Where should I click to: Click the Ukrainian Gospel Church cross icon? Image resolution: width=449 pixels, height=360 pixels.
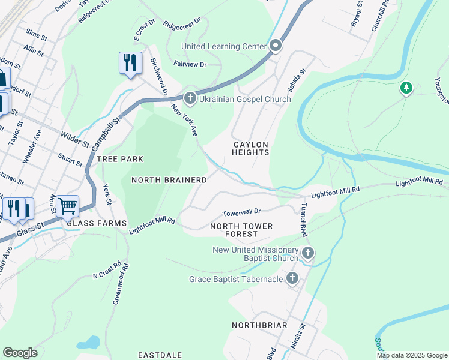click(x=190, y=98)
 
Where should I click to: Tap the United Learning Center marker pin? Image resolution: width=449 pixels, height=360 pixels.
click(x=276, y=46)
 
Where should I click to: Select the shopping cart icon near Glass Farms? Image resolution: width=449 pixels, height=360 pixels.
click(x=67, y=206)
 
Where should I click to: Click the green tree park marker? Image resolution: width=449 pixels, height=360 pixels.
click(x=406, y=89)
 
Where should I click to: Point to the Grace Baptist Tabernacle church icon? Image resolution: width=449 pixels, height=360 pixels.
click(x=292, y=278)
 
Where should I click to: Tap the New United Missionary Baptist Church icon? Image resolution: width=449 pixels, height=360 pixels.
click(x=307, y=253)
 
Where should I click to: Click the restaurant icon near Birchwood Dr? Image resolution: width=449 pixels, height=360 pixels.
click(x=130, y=62)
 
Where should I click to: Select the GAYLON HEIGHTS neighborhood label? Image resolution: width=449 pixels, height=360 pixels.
click(x=251, y=149)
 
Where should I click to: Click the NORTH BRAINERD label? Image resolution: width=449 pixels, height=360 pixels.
click(x=169, y=180)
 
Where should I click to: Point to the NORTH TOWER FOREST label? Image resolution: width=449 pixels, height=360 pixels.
click(x=241, y=230)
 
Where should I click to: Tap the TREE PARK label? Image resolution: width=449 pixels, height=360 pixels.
click(x=120, y=159)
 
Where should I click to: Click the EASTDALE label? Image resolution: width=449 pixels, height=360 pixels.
click(x=160, y=355)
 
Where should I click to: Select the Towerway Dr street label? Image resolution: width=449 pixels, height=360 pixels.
click(x=241, y=212)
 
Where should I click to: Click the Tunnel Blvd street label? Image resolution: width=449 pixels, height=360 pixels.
click(x=303, y=218)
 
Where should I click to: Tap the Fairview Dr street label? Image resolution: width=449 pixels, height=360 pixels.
click(x=190, y=64)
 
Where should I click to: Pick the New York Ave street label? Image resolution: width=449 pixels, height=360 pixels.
click(x=185, y=120)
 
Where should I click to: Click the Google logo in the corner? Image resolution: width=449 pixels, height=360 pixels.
click(x=20, y=353)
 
